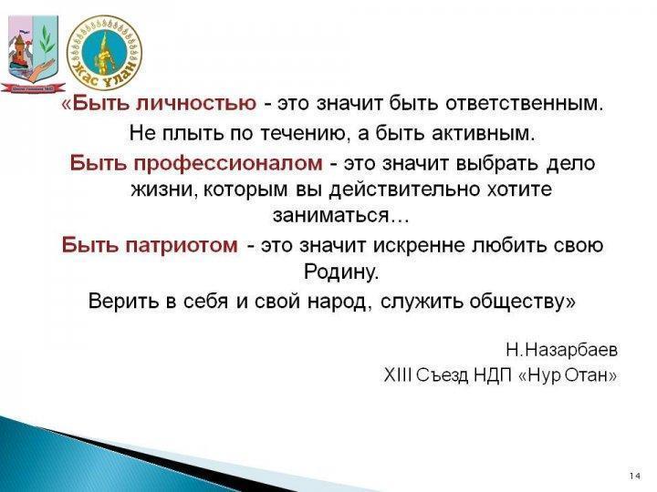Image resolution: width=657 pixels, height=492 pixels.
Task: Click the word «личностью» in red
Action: click(196, 103)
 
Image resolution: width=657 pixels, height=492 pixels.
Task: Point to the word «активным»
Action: click(481, 133)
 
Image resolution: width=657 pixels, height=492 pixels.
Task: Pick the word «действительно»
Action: click(405, 190)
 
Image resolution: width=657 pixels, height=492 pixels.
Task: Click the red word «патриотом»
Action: click(182, 246)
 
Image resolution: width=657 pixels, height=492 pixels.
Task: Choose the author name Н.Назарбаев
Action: click(562, 350)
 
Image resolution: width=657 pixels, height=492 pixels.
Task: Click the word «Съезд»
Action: click(443, 375)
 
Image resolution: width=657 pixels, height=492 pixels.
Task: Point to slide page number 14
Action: click(635, 477)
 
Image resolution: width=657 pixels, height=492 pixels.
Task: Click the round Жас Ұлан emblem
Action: click(105, 53)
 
